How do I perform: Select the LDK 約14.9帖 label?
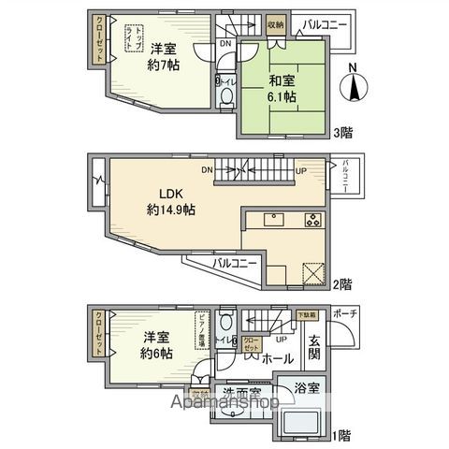tap(169, 203)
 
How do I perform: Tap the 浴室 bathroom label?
tap(306, 386)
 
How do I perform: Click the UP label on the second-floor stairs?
tap(300, 170)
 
